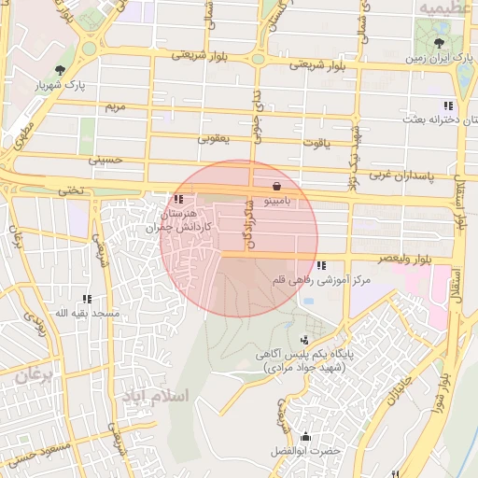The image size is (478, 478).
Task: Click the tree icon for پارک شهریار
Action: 61,70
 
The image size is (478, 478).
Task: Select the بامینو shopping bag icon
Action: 276,185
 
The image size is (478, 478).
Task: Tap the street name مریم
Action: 114,107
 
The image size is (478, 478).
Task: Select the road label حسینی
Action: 105,161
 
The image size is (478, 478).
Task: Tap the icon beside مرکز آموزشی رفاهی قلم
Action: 321,266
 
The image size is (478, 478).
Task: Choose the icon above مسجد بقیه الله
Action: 86,299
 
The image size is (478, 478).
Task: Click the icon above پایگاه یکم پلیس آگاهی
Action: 304,340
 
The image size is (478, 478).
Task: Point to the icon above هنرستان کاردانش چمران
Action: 178,199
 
